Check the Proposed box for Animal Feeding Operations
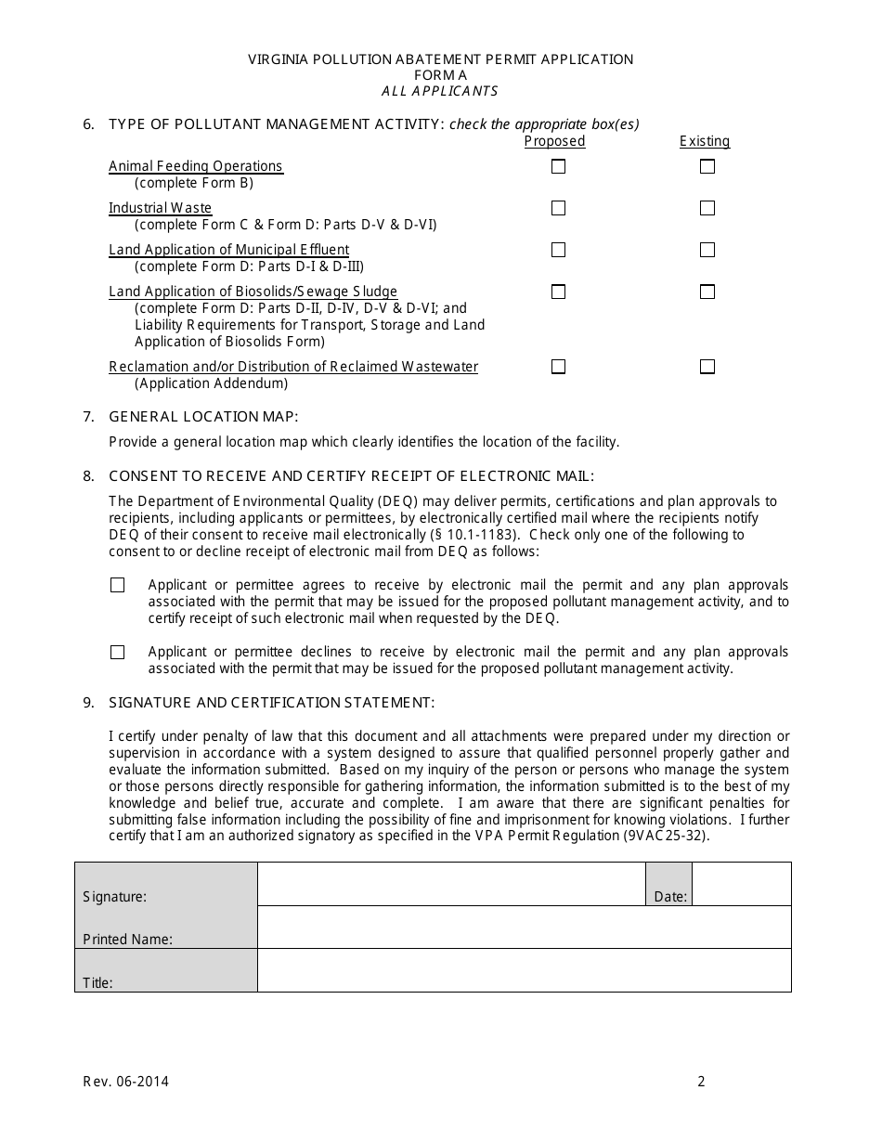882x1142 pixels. pyautogui.click(x=558, y=167)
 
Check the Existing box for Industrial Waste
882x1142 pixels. pyautogui.click(x=707, y=208)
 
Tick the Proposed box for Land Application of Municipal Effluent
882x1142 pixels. pyautogui.click(x=558, y=250)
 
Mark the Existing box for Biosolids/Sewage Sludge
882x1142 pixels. pyautogui.click(x=707, y=292)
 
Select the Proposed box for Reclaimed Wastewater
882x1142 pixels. pyautogui.click(x=558, y=367)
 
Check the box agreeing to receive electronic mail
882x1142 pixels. pyautogui.click(x=117, y=585)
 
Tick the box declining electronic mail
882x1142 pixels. pyautogui.click(x=117, y=653)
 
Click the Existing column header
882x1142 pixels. pyautogui.click(x=705, y=141)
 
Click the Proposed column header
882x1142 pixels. pyautogui.click(x=554, y=141)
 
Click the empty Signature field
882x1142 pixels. pyautogui.click(x=451, y=884)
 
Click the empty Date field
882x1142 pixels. pyautogui.click(x=741, y=884)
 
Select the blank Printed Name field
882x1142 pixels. pyautogui.click(x=524, y=927)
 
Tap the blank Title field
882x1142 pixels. pyautogui.click(x=524, y=970)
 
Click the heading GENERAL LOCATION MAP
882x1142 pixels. pyautogui.click(x=203, y=416)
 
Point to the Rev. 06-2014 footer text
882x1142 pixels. pyautogui.click(x=126, y=1081)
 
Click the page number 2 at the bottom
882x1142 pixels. pyautogui.click(x=702, y=1081)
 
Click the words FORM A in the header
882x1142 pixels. pyautogui.click(x=440, y=75)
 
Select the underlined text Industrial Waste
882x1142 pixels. pyautogui.click(x=160, y=208)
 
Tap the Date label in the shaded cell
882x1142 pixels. pyautogui.click(x=670, y=897)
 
